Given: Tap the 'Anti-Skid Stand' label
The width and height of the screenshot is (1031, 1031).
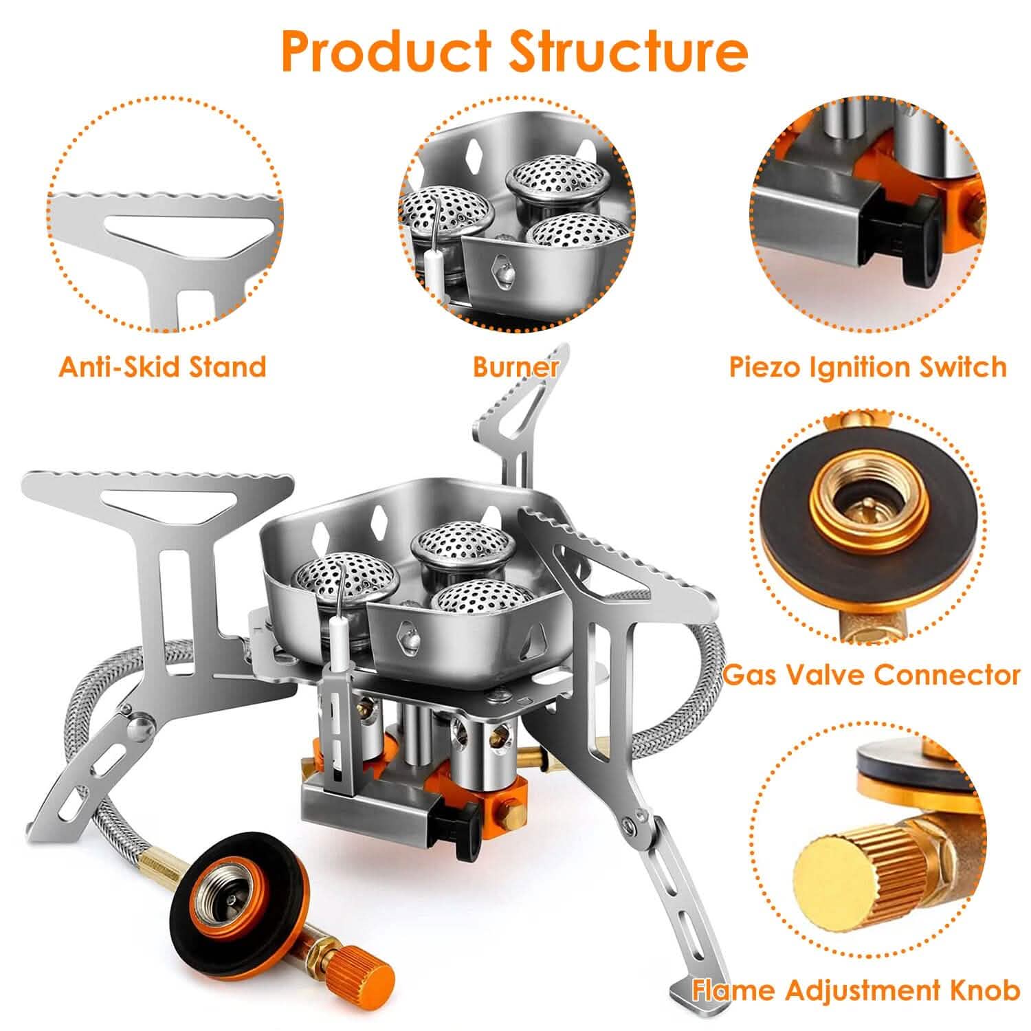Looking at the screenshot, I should pos(162,366).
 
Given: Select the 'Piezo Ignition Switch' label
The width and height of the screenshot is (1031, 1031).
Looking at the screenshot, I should pos(867,366).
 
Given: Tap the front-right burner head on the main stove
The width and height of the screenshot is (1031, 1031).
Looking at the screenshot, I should pos(481,599).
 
